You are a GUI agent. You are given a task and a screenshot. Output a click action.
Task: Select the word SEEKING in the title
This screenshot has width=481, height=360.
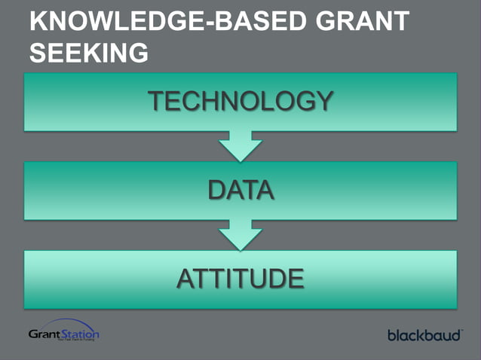coord(88,52)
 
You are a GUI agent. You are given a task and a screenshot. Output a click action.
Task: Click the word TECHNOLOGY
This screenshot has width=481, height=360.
coord(240,101)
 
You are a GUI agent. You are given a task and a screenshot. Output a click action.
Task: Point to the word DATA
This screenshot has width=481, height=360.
coord(240,190)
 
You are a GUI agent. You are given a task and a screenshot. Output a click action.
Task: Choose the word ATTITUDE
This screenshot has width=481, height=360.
coord(240,279)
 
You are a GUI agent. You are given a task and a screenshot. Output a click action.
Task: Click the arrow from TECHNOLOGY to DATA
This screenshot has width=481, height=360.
coord(240,145)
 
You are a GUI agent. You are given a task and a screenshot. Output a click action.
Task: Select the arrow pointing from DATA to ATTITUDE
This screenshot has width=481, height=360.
coord(240,234)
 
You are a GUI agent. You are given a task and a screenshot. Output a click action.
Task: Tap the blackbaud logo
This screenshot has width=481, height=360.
coord(424,334)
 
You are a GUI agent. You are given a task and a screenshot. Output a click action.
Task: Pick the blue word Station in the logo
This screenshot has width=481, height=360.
coord(79,333)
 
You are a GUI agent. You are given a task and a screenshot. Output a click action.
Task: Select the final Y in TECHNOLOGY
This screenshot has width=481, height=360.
coord(323,101)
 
